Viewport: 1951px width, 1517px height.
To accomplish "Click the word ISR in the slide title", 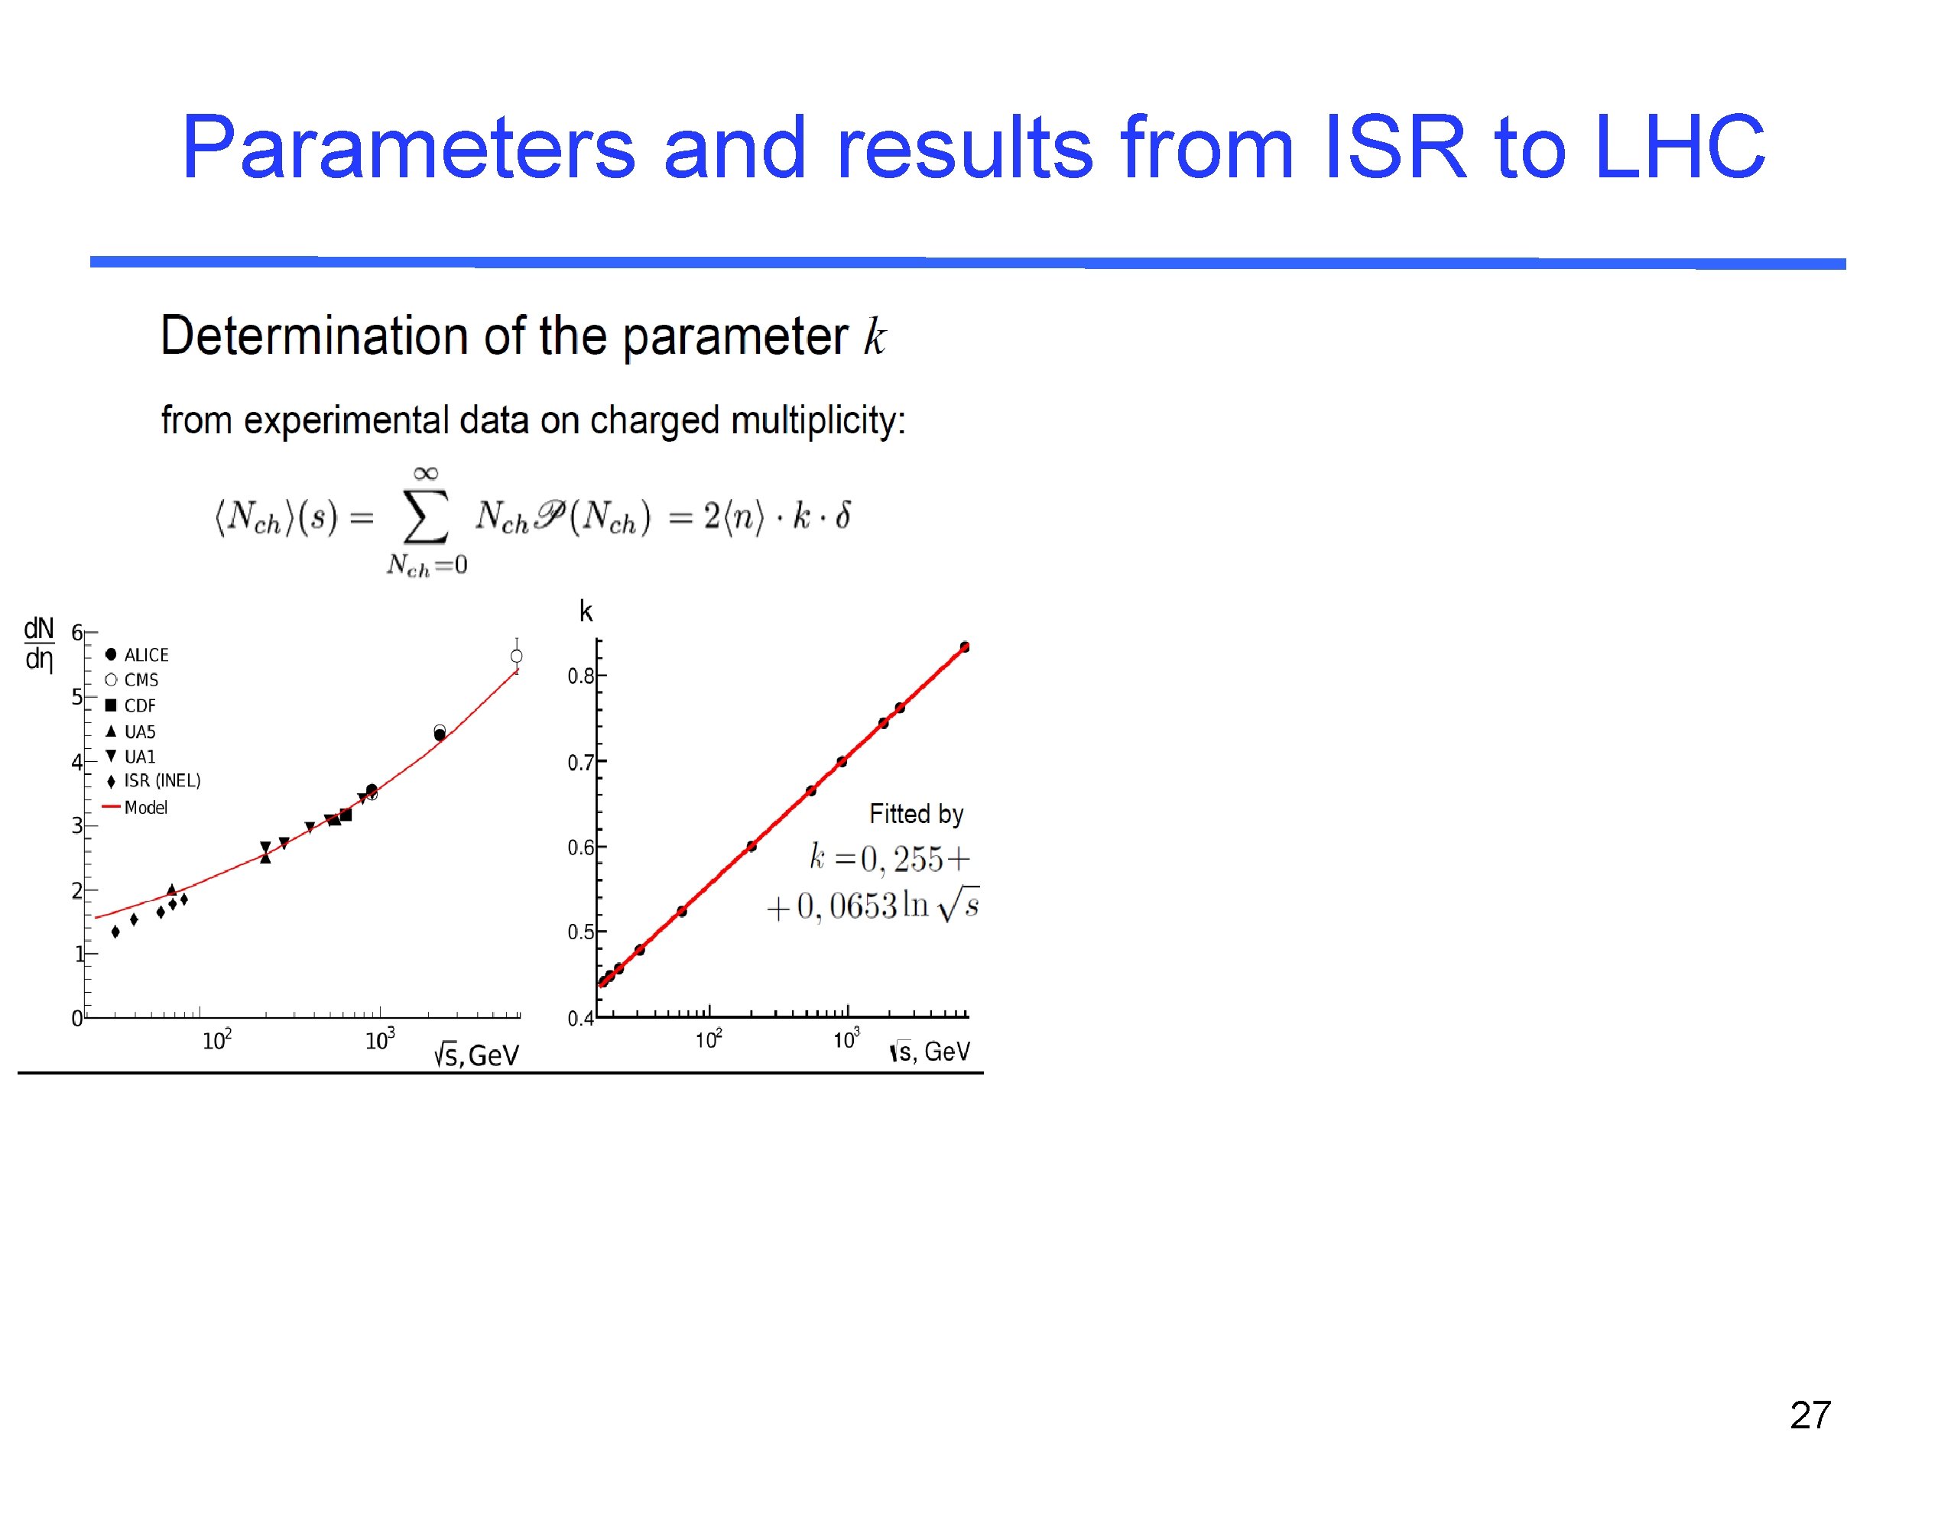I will coord(1394,147).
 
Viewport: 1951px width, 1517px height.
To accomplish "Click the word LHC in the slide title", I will coord(1679,147).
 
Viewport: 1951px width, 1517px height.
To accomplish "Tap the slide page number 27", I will coord(1810,1415).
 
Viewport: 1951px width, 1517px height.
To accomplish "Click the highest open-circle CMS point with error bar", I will coord(516,656).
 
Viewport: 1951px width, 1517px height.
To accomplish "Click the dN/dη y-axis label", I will coord(38,643).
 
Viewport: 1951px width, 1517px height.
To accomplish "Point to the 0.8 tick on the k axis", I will coord(581,676).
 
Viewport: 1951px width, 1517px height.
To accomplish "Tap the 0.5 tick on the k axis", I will coord(581,932).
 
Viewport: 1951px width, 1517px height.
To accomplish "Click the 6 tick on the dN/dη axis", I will coord(76,632).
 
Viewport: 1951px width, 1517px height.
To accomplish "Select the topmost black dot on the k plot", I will coord(965,647).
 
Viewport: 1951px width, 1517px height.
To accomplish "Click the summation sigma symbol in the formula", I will coord(425,516).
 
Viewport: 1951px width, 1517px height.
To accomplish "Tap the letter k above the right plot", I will coord(586,611).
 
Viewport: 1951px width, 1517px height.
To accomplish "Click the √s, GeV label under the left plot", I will coord(476,1055).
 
